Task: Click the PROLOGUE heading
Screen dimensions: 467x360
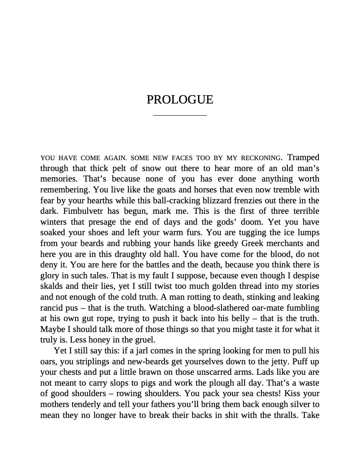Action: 180,100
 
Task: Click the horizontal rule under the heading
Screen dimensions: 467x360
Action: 180,115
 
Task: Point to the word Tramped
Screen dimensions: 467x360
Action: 303,157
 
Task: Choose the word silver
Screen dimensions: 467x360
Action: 301,404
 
